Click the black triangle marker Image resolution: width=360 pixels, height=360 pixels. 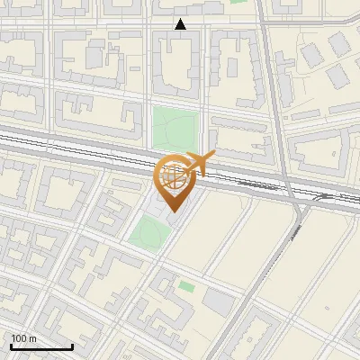pyautogui.click(x=181, y=24)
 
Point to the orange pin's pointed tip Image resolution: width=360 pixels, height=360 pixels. pyautogui.click(x=174, y=211)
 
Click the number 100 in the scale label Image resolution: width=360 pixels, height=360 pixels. pyautogui.click(x=20, y=338)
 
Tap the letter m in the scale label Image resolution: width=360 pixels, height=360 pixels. pyautogui.click(x=33, y=338)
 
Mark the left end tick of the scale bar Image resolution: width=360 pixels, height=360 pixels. pyautogui.click(x=11, y=346)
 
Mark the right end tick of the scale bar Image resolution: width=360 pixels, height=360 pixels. pyautogui.click(x=72, y=346)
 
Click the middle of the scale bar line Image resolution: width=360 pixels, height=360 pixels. pyautogui.click(x=41, y=347)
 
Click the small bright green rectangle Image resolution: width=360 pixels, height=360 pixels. pyautogui.click(x=186, y=286)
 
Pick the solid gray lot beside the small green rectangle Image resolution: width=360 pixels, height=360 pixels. pyautogui.click(x=218, y=301)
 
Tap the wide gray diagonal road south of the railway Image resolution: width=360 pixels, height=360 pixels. pyautogui.click(x=270, y=270)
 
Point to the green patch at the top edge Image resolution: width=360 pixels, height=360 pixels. pyautogui.click(x=238, y=3)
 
